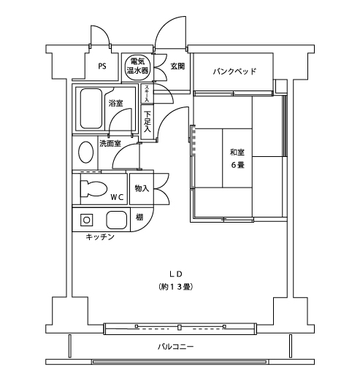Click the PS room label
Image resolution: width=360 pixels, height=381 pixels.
click(x=102, y=66)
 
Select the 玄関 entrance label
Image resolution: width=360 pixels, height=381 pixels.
click(x=177, y=66)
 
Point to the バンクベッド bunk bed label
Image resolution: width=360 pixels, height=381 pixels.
click(x=234, y=72)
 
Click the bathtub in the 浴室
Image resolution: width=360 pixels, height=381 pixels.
click(x=91, y=109)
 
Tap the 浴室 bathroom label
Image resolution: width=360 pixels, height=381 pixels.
click(x=115, y=103)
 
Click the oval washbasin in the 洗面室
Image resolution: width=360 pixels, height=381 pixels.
click(x=85, y=152)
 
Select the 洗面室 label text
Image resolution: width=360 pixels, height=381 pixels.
click(x=110, y=143)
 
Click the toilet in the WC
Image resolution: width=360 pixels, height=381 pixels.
click(x=93, y=188)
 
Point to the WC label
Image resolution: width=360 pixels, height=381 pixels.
click(x=118, y=197)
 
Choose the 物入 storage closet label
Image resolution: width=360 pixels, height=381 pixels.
click(x=142, y=188)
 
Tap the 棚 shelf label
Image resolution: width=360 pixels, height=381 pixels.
click(x=139, y=217)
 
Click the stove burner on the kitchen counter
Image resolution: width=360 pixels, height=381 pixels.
click(x=87, y=220)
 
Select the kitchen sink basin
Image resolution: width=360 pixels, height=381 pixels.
click(x=117, y=220)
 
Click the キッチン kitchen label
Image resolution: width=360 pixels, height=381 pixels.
click(x=100, y=236)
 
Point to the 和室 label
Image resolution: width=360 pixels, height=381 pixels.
click(x=237, y=153)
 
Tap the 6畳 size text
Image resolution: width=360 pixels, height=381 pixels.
click(x=237, y=165)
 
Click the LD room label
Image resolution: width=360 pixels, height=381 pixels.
click(x=176, y=274)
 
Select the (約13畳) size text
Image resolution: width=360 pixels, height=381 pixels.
click(x=176, y=287)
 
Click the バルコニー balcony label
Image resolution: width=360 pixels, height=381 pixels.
click(x=176, y=347)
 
